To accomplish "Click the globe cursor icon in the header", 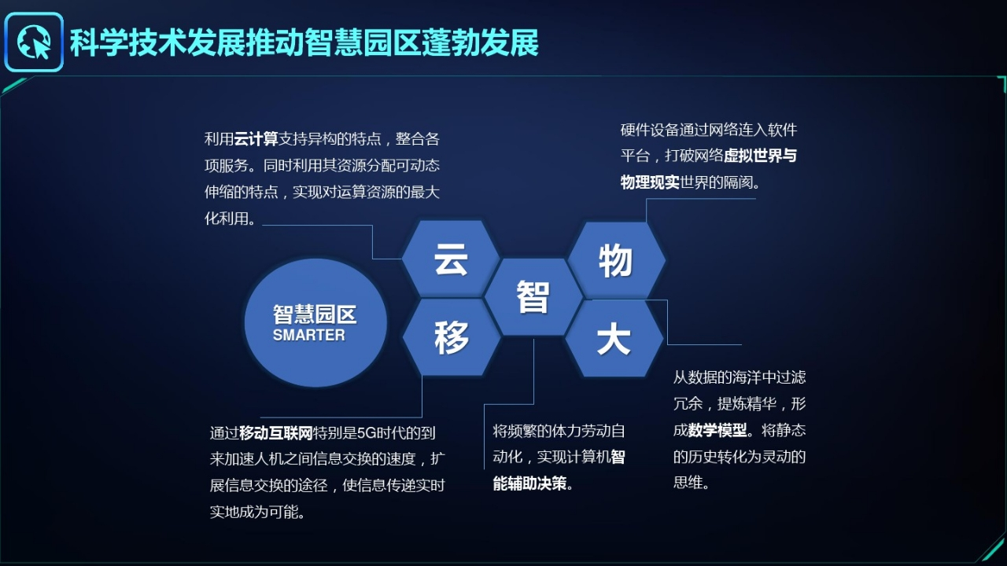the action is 34,42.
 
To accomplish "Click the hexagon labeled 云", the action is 451,259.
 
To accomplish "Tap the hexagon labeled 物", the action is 616,260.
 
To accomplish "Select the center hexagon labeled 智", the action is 533,296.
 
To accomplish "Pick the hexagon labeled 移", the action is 452,337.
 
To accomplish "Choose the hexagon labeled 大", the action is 614,338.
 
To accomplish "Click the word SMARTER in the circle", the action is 309,335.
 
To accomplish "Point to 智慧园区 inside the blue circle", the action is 315,314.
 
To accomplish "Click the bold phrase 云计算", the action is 256,139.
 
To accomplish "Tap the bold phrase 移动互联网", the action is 276,433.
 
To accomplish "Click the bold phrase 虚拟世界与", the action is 760,156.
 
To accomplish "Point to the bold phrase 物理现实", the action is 650,182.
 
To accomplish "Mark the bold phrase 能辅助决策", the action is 529,483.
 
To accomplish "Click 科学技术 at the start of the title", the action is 128,43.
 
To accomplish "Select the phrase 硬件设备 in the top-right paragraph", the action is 650,130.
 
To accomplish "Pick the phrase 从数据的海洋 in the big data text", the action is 717,377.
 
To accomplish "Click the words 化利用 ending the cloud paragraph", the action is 227,219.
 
